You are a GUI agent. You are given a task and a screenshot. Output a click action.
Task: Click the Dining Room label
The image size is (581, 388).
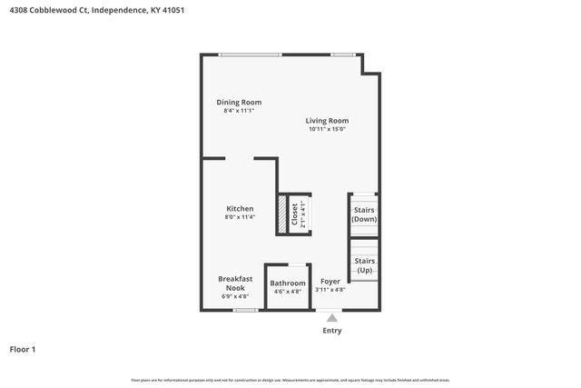click(x=239, y=103)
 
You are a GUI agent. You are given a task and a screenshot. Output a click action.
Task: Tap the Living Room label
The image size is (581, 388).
click(x=327, y=121)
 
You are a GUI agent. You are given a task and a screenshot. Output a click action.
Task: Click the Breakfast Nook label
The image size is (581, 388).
click(x=235, y=283)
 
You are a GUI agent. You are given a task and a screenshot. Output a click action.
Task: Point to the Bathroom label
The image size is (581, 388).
click(x=288, y=284)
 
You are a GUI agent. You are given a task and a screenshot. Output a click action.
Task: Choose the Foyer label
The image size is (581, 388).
click(x=330, y=282)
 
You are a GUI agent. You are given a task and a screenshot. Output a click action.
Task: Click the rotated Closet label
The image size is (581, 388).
click(x=294, y=214)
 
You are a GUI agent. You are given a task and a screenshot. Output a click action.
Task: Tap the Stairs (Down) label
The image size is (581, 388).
click(x=364, y=214)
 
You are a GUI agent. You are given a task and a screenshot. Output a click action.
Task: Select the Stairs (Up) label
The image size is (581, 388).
click(x=364, y=265)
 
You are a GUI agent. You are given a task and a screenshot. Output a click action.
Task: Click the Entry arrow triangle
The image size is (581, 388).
click(x=332, y=318)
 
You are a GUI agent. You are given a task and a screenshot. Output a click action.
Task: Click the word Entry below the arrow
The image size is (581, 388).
click(x=333, y=331)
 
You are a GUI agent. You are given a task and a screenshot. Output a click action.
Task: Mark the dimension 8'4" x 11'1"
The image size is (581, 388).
click(x=239, y=111)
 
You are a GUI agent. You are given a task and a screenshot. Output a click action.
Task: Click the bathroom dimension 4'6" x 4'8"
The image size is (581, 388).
click(x=288, y=292)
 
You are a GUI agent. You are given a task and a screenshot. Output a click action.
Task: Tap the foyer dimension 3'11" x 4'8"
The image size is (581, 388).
click(x=330, y=290)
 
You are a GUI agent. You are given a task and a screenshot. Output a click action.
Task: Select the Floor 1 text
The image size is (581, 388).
click(x=23, y=349)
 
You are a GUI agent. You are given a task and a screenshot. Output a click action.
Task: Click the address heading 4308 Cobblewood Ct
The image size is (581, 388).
click(x=50, y=12)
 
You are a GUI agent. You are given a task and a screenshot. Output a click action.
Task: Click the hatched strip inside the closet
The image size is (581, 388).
click(x=282, y=214)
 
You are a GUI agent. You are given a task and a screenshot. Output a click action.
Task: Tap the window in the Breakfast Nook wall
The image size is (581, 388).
click(x=245, y=311)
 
